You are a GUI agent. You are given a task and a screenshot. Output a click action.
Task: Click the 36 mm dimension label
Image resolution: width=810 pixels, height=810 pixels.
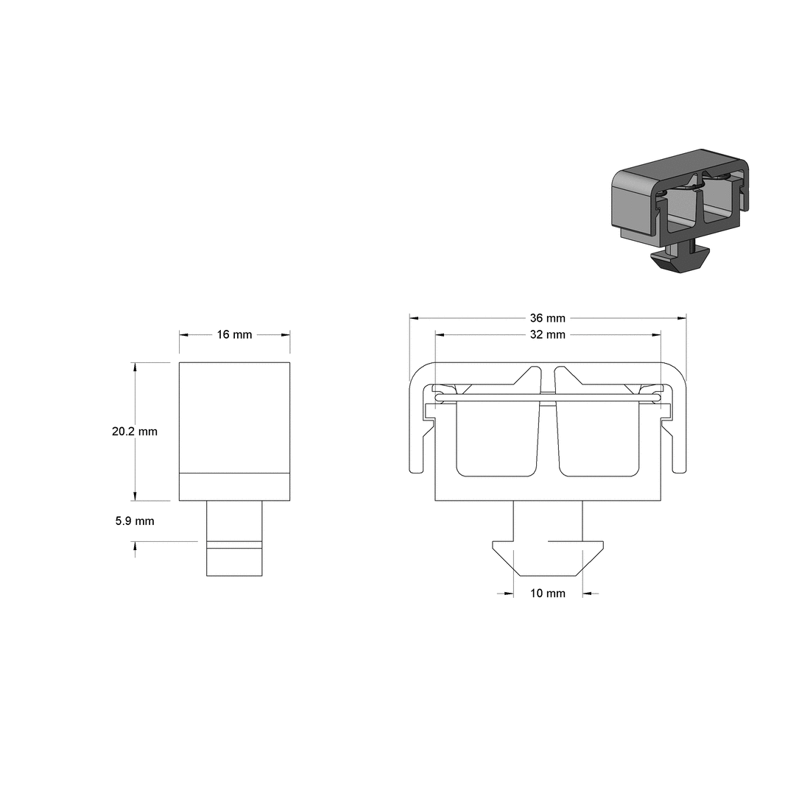point(547,318)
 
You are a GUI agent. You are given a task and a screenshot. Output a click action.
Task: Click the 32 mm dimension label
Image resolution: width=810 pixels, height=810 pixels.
point(547,334)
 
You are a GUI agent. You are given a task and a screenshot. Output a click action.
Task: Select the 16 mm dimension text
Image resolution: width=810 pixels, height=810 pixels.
point(234,334)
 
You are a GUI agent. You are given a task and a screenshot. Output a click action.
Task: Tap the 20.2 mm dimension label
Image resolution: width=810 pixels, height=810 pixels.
point(135,432)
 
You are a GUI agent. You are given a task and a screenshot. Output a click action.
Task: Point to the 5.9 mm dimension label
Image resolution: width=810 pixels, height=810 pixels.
point(135,521)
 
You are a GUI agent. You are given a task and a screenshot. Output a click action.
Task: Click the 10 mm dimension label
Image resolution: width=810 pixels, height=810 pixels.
point(547,593)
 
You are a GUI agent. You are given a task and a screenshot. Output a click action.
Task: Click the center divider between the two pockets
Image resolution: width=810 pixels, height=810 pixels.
point(547,434)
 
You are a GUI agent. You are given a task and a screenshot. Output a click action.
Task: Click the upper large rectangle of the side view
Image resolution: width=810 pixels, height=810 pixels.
point(234,416)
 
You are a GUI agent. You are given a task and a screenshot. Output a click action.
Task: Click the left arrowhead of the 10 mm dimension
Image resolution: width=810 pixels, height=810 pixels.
point(508,593)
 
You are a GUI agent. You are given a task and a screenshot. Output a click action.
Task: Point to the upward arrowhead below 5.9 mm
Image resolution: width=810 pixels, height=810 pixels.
point(135,546)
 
